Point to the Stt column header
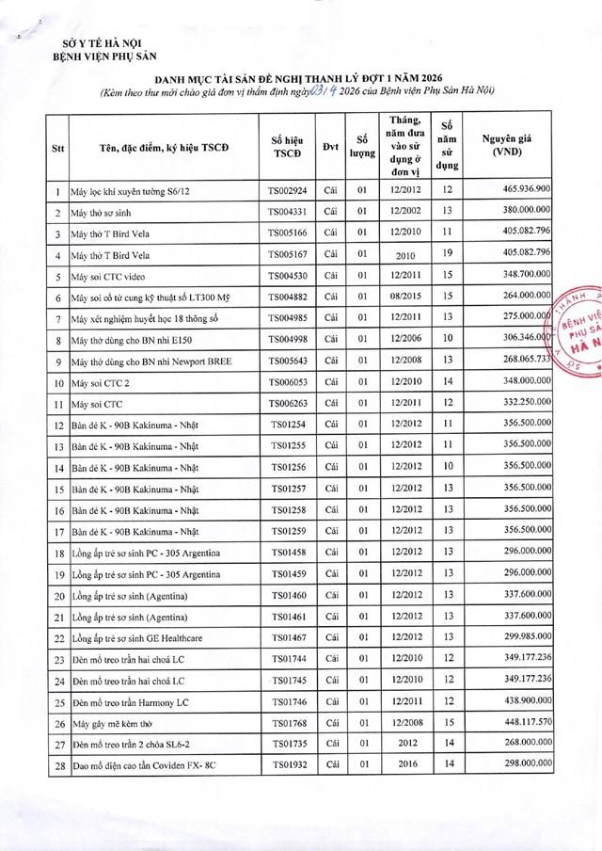tap(58, 147)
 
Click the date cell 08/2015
tap(406, 297)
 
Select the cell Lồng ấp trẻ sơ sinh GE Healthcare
tap(150, 638)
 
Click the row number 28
tap(58, 766)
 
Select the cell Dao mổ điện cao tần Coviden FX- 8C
tap(152, 766)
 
